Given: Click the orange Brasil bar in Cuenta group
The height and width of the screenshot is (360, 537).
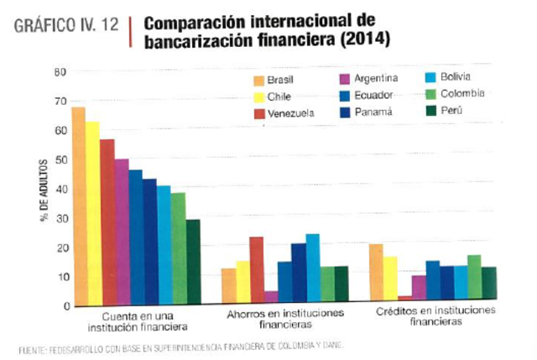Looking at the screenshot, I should tap(78, 206).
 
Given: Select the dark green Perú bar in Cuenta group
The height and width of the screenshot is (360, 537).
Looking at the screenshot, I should tap(193, 261).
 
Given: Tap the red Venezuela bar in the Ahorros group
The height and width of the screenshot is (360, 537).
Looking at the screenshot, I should tap(256, 269).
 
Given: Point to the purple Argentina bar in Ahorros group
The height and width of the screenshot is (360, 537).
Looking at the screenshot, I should tap(270, 296).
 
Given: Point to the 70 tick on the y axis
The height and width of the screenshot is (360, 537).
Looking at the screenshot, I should tap(60, 102).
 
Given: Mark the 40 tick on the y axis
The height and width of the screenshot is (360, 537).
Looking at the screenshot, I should tap(60, 189).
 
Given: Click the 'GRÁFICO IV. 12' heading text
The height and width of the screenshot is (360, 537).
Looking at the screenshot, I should tap(67, 25).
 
